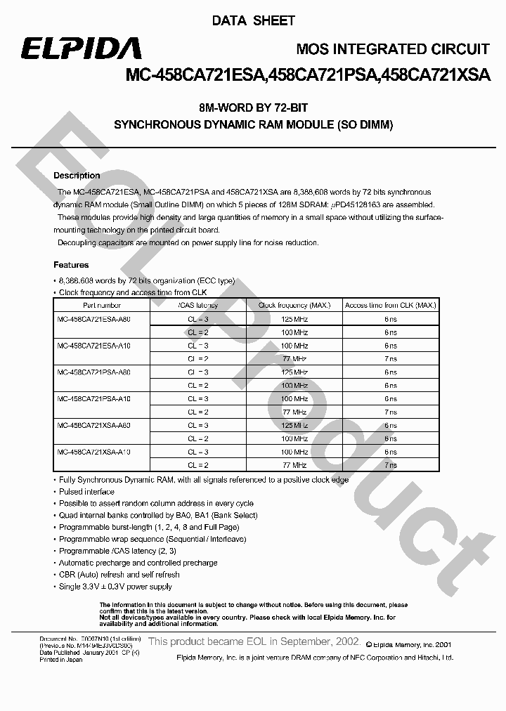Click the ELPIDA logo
pyautogui.click(x=80, y=48)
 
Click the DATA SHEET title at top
pyautogui.click(x=253, y=21)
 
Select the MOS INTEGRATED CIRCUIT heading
pyautogui.click(x=393, y=49)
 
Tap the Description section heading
pyautogui.click(x=77, y=176)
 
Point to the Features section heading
pyautogui.click(x=71, y=265)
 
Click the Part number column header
pyautogui.click(x=102, y=306)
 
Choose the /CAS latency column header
pyautogui.click(x=198, y=306)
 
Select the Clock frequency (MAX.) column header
pyautogui.click(x=294, y=306)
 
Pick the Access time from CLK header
pyautogui.click(x=391, y=306)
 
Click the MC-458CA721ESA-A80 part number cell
pyautogui.click(x=93, y=319)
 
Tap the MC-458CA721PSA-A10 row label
pyautogui.click(x=93, y=398)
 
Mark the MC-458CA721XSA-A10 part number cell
pyautogui.click(x=93, y=452)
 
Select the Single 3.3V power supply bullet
pyautogui.click(x=115, y=587)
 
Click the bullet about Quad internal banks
pyautogui.click(x=158, y=516)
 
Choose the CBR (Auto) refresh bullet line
pyautogui.click(x=119, y=575)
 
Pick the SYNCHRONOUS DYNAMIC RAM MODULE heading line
pyautogui.click(x=253, y=125)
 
